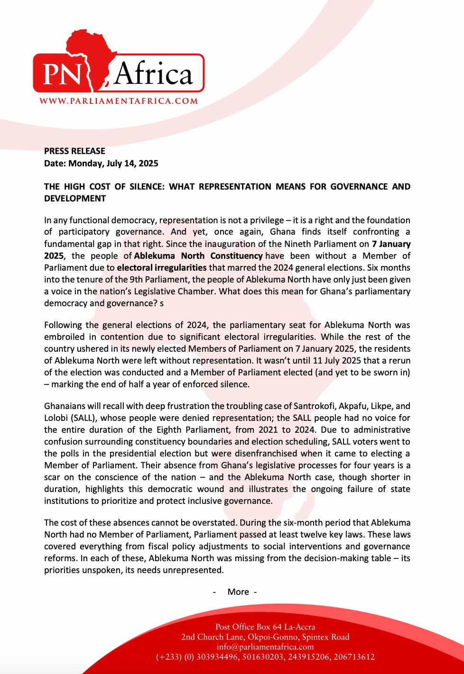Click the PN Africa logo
119,66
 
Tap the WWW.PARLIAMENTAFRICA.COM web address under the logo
119,101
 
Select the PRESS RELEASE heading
74,151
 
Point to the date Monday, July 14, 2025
113,164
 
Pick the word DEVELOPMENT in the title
75,199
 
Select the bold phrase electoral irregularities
162,268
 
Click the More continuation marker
238,592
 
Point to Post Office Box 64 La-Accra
265,627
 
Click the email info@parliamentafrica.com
265,647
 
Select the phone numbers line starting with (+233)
265,657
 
